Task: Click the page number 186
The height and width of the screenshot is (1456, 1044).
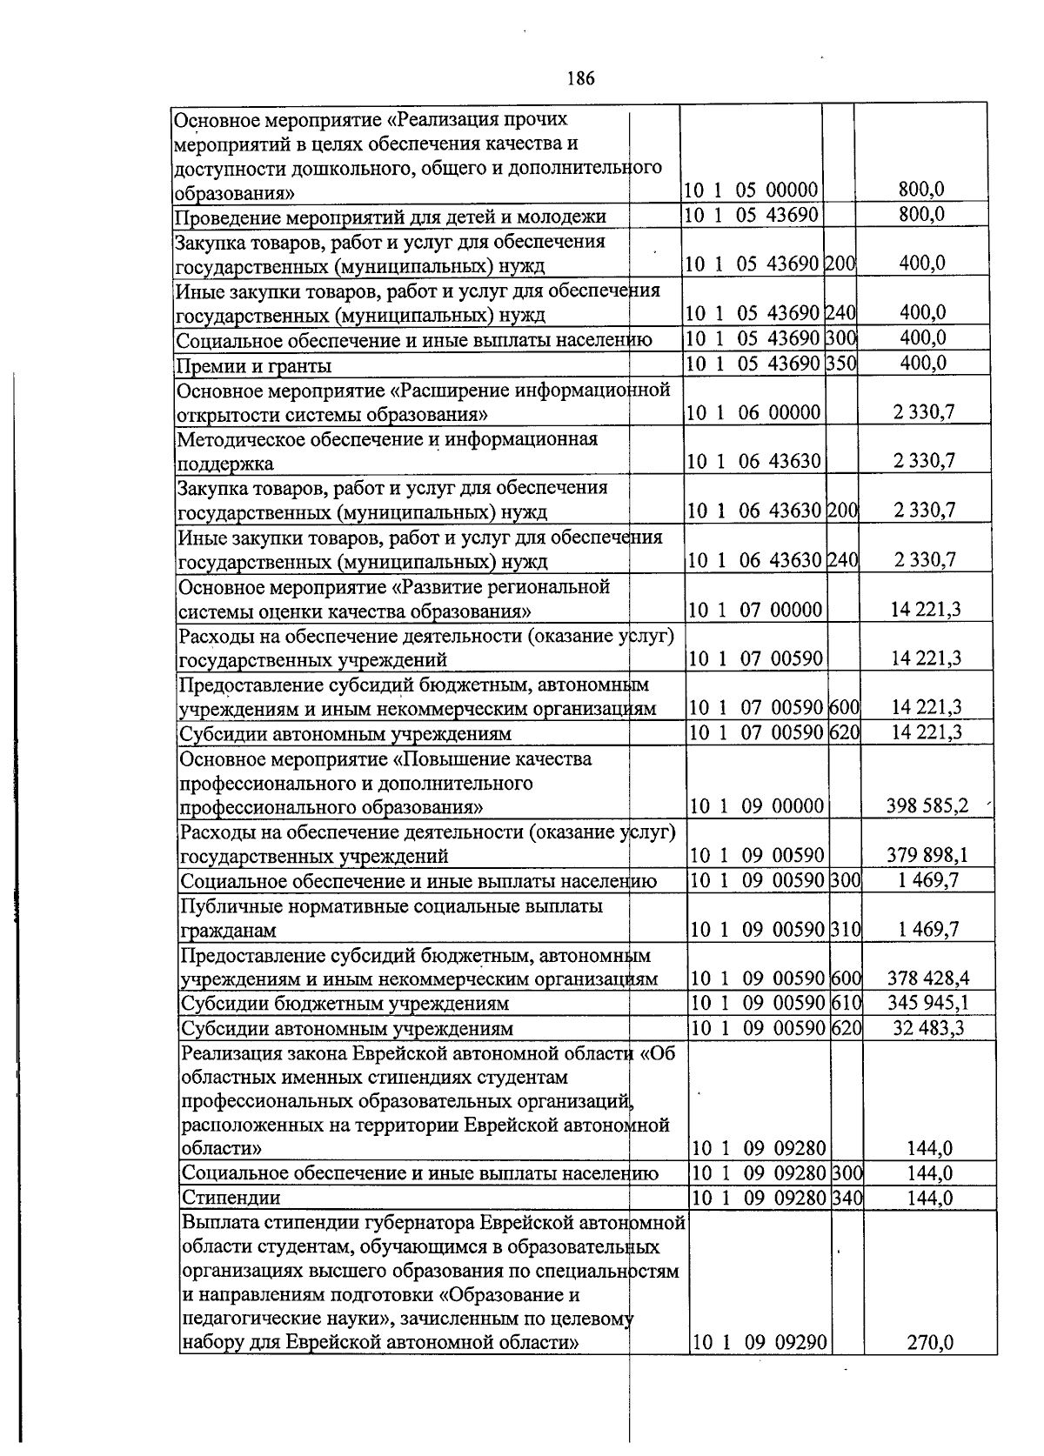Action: tap(580, 79)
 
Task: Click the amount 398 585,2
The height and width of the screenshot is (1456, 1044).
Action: tap(927, 805)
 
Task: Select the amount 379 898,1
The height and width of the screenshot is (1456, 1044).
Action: tap(927, 856)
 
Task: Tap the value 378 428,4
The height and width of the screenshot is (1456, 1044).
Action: tap(927, 978)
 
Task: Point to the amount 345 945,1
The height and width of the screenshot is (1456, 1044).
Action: tap(927, 1003)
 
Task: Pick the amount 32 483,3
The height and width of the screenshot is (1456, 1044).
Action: tap(928, 1028)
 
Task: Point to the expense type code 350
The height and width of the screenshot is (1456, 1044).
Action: tap(840, 363)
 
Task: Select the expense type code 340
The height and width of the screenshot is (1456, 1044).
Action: tap(846, 1198)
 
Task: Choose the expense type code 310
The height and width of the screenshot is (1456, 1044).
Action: tap(845, 930)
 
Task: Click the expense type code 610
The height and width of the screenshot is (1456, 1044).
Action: tap(845, 1003)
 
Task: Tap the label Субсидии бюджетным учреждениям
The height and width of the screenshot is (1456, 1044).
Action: tap(344, 1004)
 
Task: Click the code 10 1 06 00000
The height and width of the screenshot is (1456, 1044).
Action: tap(753, 412)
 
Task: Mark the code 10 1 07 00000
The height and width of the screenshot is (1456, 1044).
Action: tap(754, 609)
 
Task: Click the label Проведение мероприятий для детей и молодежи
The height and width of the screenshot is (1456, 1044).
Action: tap(391, 217)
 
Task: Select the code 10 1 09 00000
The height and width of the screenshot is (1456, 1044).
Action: tap(756, 805)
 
